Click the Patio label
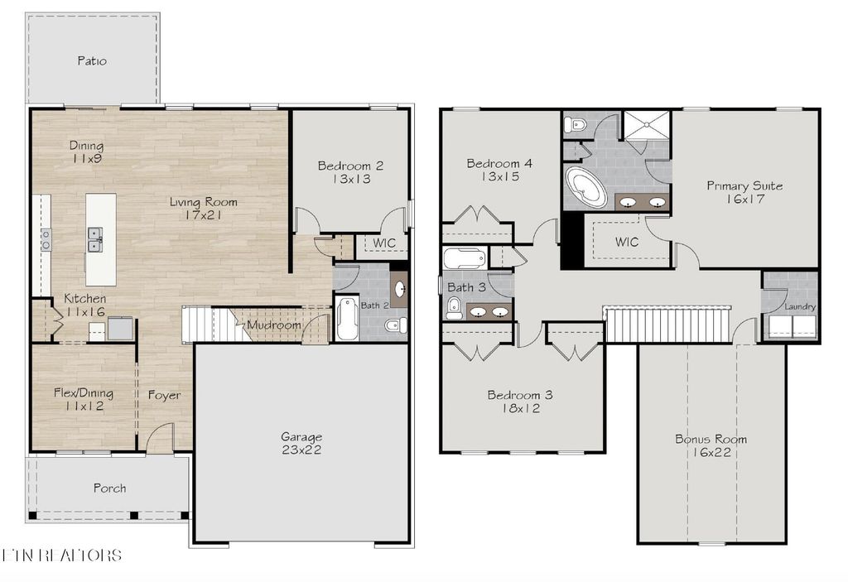coord(92,60)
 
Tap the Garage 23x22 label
coord(301,443)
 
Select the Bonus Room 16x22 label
coord(711,445)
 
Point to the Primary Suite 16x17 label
coord(744,192)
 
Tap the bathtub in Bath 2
coord(347,319)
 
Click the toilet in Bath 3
coord(454,309)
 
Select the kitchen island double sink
coord(96,239)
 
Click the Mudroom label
coord(273,325)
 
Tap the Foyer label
coord(164,395)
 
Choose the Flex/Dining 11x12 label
coord(83,399)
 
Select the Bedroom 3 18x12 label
coord(519,401)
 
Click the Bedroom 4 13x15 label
coord(499,169)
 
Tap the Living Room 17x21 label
coord(203,208)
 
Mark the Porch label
coord(109,488)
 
